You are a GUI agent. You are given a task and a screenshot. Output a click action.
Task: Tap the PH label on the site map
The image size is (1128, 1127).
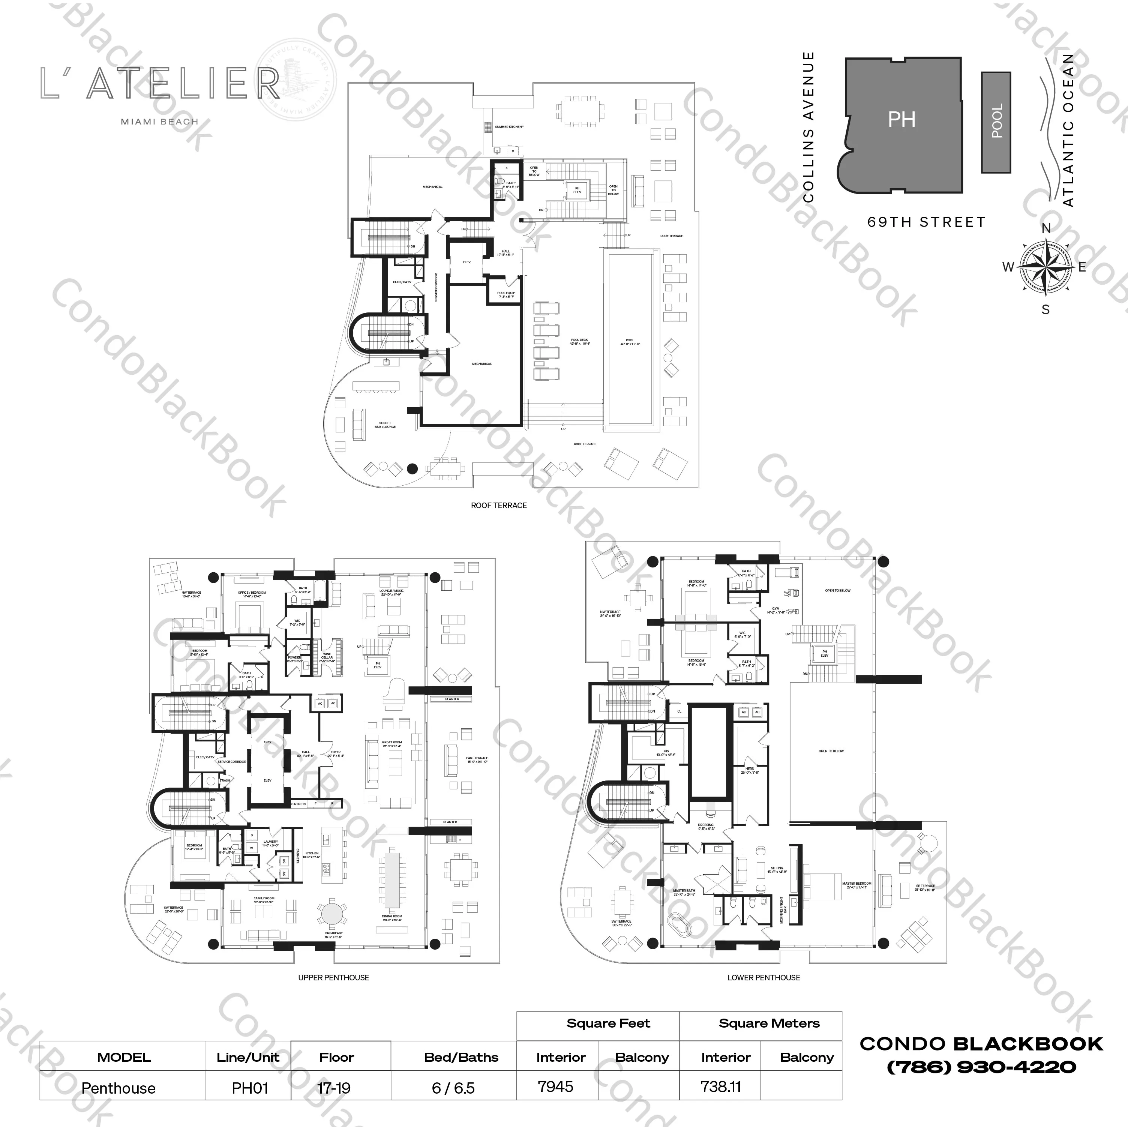(x=901, y=120)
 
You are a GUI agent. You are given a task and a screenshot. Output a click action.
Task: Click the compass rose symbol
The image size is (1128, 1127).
(x=1045, y=267)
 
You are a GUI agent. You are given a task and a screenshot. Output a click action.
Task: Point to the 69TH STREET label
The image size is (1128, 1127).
(x=927, y=222)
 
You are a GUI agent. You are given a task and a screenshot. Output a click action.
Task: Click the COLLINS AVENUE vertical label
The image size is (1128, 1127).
(x=808, y=127)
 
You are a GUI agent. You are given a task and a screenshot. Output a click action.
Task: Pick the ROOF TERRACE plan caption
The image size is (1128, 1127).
(x=499, y=505)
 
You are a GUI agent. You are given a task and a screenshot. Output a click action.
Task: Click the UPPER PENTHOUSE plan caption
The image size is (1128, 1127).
(x=333, y=977)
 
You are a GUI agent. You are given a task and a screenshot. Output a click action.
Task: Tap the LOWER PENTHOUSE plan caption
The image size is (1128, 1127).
(x=763, y=977)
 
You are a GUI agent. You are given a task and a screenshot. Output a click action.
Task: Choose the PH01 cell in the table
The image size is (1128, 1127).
(x=250, y=1088)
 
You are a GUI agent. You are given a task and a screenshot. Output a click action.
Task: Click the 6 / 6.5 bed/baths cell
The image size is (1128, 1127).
(x=453, y=1088)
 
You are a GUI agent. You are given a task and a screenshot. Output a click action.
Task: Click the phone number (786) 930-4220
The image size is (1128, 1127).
(x=981, y=1067)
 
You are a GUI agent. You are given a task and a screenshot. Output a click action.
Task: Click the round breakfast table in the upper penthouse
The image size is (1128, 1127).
(x=331, y=914)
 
